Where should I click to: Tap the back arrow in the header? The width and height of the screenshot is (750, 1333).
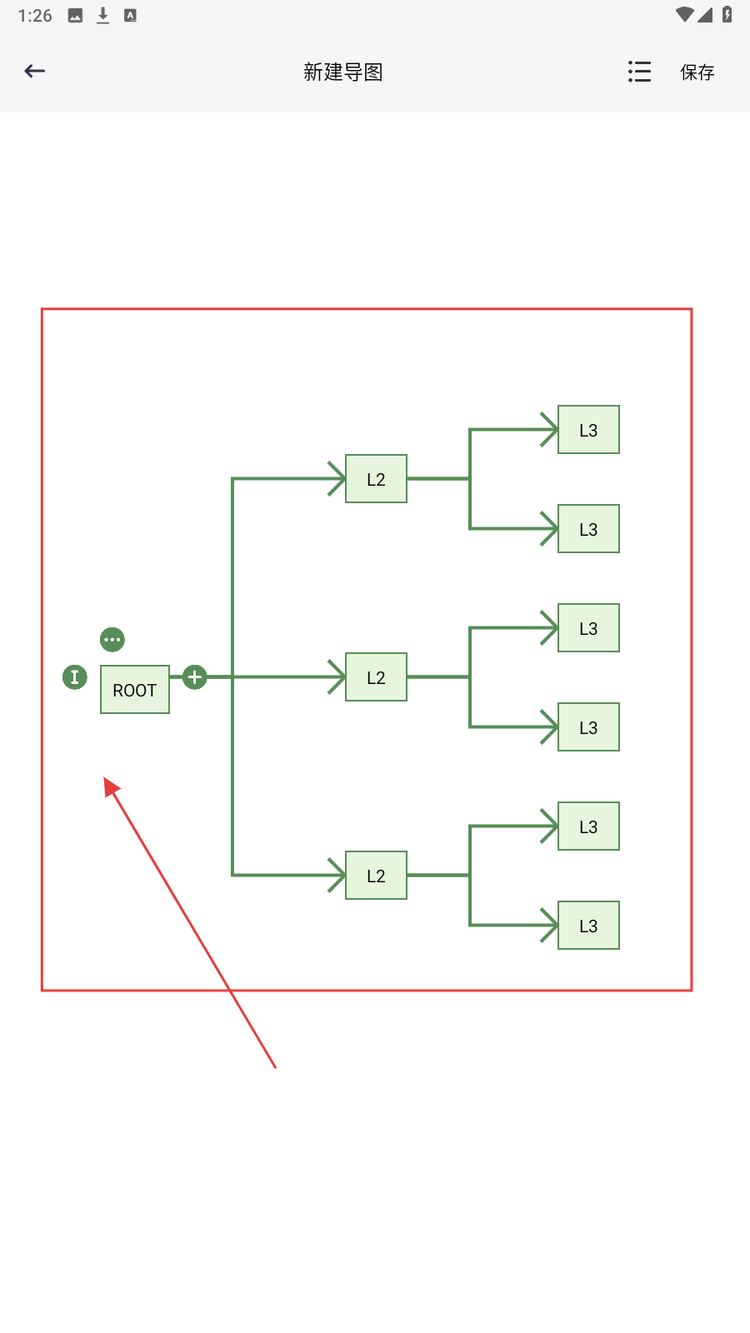(x=35, y=72)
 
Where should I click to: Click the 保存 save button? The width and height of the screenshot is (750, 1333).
(x=697, y=72)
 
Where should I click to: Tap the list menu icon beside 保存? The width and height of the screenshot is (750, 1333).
(x=639, y=72)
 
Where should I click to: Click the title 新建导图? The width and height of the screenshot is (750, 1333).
(x=342, y=72)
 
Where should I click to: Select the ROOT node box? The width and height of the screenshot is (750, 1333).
(x=135, y=690)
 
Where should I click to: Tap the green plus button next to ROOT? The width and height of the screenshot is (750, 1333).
(x=195, y=677)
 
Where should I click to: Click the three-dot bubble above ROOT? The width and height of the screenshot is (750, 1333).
(x=112, y=640)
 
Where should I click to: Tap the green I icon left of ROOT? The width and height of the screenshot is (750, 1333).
(x=75, y=677)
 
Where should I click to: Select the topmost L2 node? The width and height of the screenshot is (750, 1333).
(x=376, y=479)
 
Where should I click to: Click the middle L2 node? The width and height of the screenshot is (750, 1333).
(x=376, y=677)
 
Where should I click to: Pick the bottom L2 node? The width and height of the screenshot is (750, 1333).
(x=376, y=876)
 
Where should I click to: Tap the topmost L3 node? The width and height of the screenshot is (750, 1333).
(x=588, y=430)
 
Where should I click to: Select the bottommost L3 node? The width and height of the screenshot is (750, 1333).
(x=588, y=926)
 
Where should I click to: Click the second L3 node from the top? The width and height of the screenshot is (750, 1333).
(x=588, y=529)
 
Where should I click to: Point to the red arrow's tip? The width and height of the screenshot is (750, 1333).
(x=107, y=781)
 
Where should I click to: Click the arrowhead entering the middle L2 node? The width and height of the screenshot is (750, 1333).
(x=337, y=677)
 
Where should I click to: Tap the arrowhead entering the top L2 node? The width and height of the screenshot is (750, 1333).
(x=337, y=479)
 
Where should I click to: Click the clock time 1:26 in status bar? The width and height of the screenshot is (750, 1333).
(x=35, y=16)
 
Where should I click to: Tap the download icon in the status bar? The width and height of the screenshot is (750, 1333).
(x=103, y=16)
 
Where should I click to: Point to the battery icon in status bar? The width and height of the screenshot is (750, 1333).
(x=727, y=15)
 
